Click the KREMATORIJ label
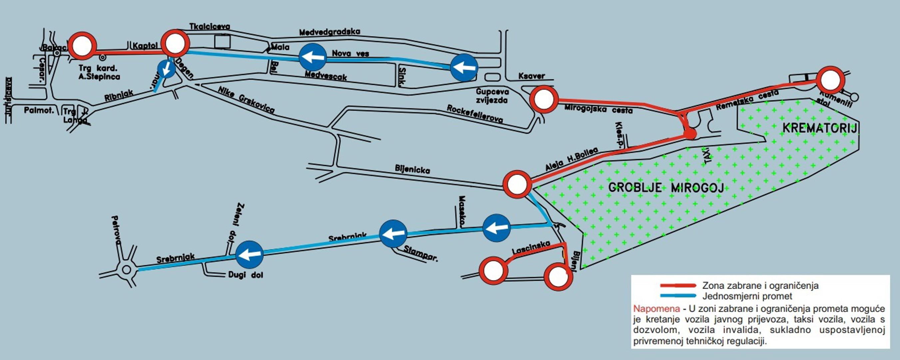pos(819,128)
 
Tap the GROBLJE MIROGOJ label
pos(666,188)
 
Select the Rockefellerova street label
pos(475,114)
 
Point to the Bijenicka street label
pos(412,170)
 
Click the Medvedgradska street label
pos(329,32)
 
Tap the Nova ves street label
pos(350,53)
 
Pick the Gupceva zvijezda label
pos(492,96)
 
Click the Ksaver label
pos(531,76)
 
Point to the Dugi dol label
pos(245,275)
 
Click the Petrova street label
pos(116,229)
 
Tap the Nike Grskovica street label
pos(246,100)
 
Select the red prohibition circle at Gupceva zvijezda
pos(544,99)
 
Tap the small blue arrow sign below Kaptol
pos(167,69)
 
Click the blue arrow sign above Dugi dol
pos(249,254)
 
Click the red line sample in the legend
pos(678,286)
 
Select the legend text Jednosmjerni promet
pos(747,296)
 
